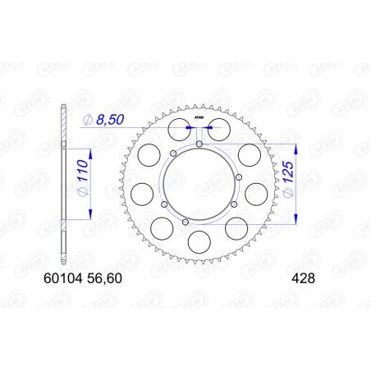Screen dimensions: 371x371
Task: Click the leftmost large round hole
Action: [x=142, y=194]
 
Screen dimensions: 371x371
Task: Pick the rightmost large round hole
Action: [x=257, y=194]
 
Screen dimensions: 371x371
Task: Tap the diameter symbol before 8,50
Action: [x=87, y=121]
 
